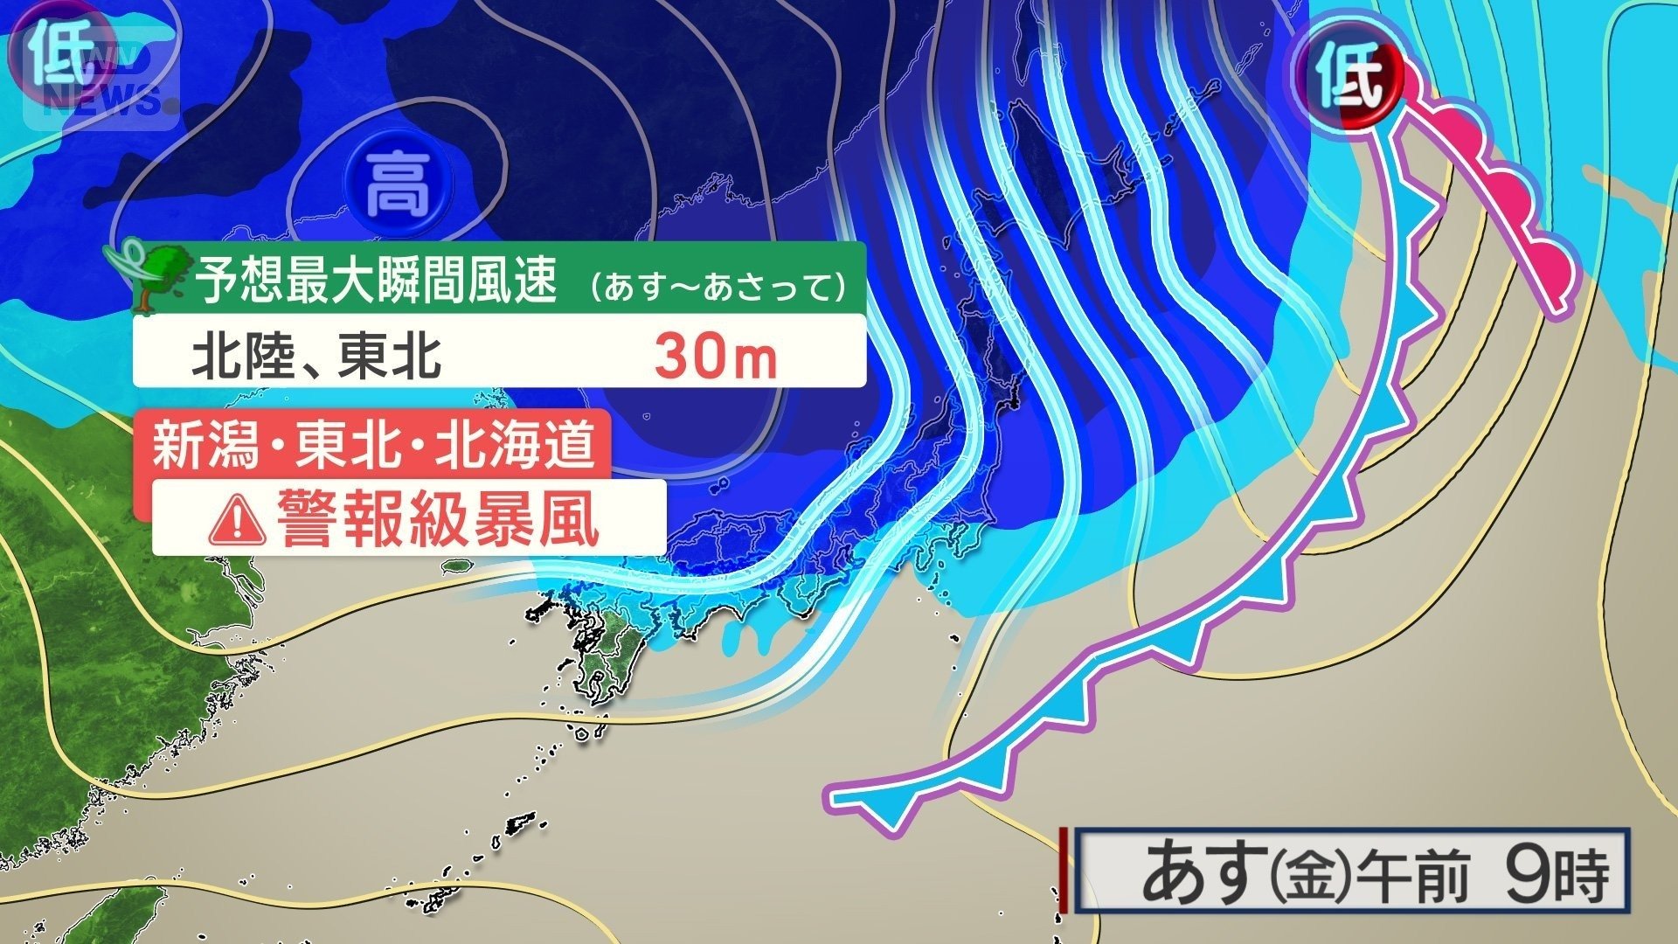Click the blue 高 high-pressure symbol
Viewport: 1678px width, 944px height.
(x=398, y=185)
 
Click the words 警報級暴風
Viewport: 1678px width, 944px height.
(x=437, y=519)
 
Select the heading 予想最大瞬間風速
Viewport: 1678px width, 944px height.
(x=375, y=281)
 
